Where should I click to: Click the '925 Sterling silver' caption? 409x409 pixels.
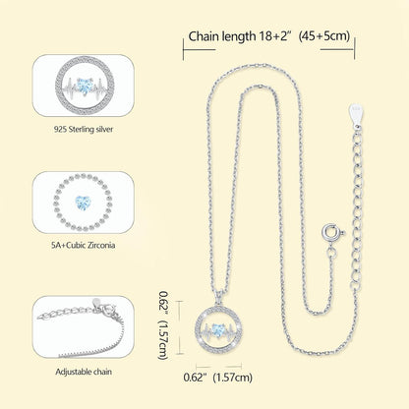click(x=84, y=129)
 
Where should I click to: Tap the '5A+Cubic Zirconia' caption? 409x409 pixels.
click(x=84, y=245)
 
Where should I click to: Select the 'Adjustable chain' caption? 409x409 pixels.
click(x=84, y=372)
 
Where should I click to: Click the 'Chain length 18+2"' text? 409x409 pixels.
click(x=240, y=36)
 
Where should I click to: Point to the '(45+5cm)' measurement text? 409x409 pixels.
click(x=324, y=35)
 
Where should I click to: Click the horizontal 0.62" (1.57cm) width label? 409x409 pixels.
click(x=218, y=378)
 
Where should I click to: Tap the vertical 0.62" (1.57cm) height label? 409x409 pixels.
click(x=163, y=325)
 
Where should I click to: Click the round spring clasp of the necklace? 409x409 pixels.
click(x=330, y=232)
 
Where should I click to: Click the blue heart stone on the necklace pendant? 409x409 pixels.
click(x=217, y=329)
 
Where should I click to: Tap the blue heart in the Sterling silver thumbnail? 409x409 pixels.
click(x=85, y=87)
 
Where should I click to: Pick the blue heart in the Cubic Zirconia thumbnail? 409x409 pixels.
click(x=83, y=203)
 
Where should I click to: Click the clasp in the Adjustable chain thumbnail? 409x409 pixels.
click(x=107, y=309)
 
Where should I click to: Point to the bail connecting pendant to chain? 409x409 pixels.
click(x=218, y=297)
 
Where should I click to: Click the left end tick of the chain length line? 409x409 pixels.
click(x=183, y=49)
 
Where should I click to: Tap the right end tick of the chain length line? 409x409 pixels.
click(x=355, y=49)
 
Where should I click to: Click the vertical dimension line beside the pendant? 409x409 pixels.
click(x=179, y=327)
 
